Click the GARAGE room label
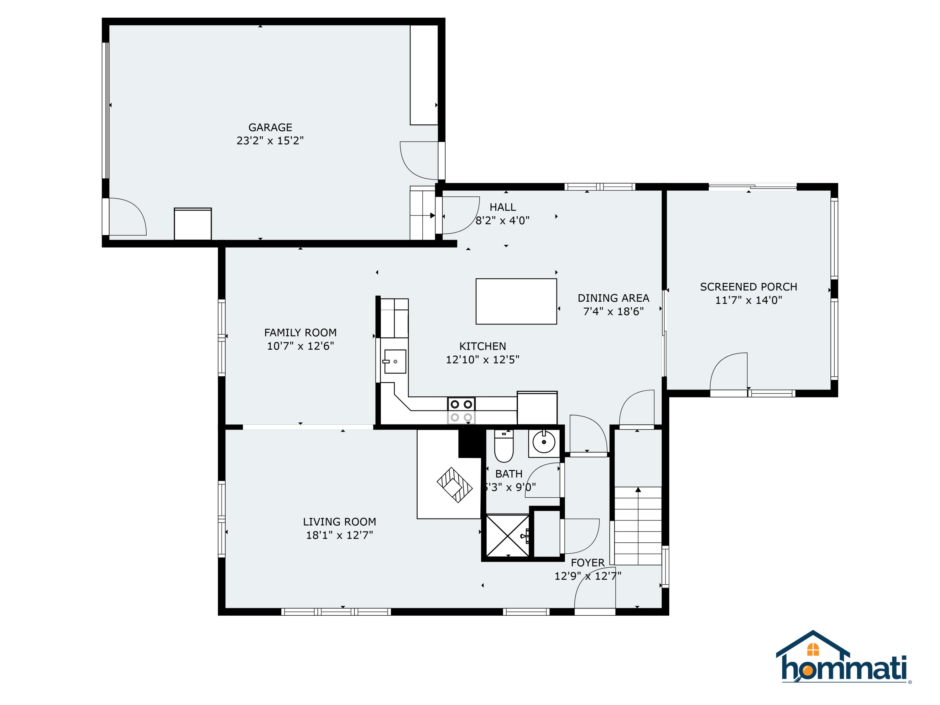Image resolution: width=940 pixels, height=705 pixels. [x=270, y=128]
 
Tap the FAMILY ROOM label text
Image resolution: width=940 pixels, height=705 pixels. [x=300, y=332]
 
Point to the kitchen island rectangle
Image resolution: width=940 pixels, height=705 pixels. [x=516, y=301]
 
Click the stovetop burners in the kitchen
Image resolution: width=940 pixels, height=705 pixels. [x=461, y=410]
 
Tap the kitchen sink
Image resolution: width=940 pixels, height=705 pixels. [x=395, y=361]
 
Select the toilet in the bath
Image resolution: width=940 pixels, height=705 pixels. [x=504, y=446]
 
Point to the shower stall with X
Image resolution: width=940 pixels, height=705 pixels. [x=507, y=535]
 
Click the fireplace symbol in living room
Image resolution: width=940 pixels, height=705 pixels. [x=454, y=485]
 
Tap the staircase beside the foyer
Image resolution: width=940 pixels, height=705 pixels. [x=638, y=526]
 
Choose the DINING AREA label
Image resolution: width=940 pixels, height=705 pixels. [x=613, y=298]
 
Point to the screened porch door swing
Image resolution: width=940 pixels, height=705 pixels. [x=729, y=371]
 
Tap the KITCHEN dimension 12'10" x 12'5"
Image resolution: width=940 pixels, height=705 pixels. [x=482, y=359]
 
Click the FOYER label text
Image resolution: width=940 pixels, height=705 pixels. [x=588, y=563]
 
